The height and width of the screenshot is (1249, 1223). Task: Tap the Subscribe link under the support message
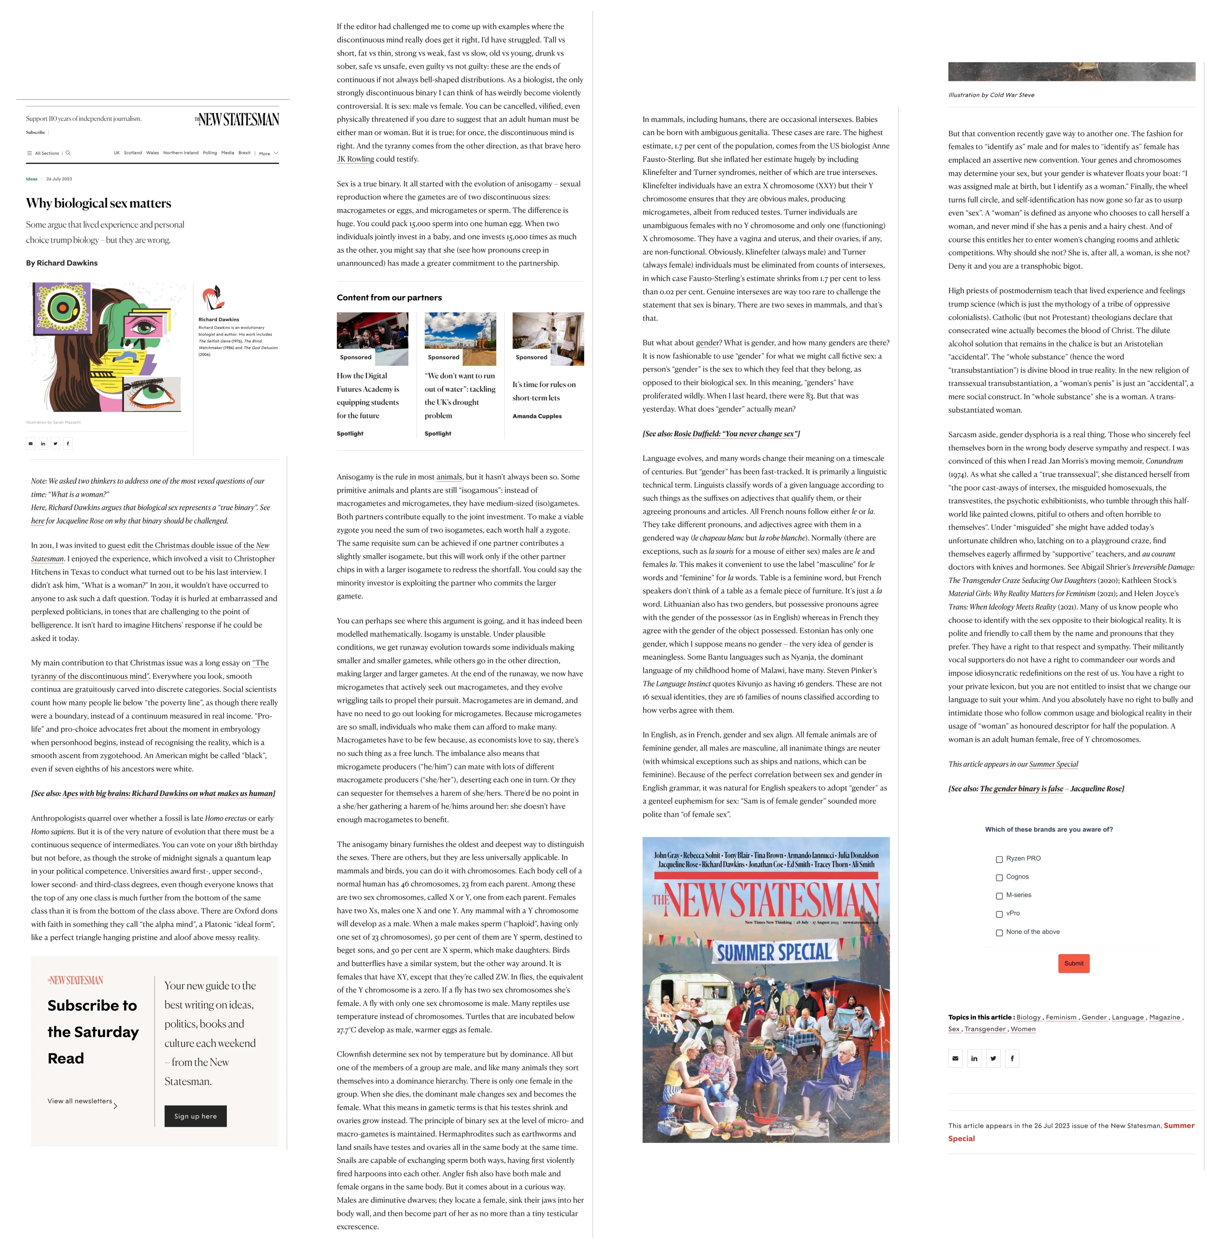35,132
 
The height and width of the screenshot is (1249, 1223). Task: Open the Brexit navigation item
244,153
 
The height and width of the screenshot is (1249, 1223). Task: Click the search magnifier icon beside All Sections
68,153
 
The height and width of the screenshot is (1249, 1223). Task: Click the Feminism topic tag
1061,1017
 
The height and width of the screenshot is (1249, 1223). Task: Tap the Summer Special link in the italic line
1053,764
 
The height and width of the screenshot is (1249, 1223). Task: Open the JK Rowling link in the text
355,159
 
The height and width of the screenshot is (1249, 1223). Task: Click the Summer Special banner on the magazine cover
774,952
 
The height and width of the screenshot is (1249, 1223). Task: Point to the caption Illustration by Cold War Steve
991,95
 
